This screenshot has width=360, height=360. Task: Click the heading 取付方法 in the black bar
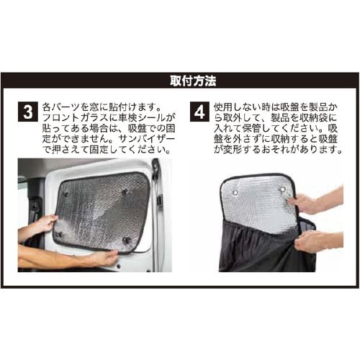pyautogui.click(x=179, y=80)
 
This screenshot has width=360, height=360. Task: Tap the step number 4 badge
pyautogui.click(x=199, y=114)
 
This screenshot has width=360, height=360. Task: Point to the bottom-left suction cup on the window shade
pyautogui.click(x=59, y=234)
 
